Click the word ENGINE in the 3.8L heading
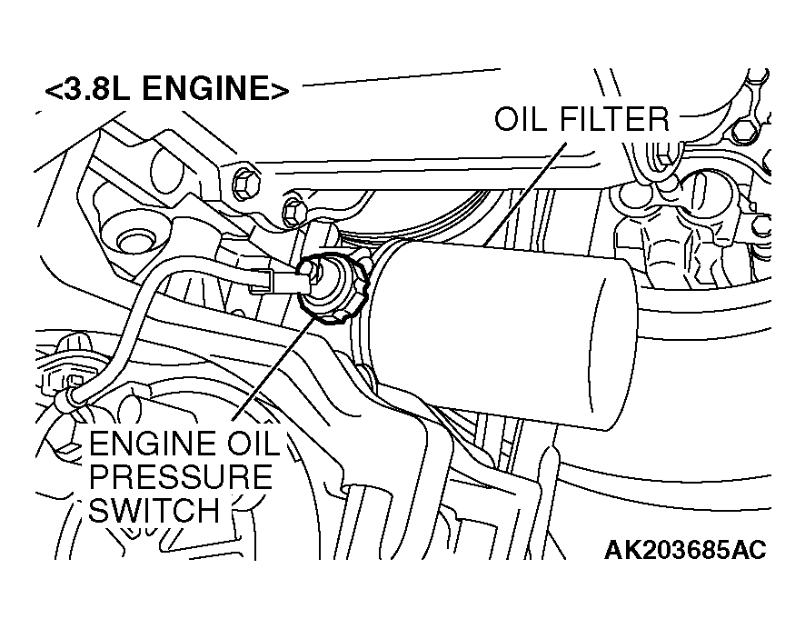(x=205, y=88)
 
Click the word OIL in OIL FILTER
(x=522, y=119)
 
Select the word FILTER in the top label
(x=614, y=119)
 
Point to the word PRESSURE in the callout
(x=181, y=476)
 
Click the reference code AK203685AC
(x=685, y=550)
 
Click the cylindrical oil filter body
(x=501, y=333)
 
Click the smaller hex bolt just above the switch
(x=293, y=212)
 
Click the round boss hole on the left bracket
(x=135, y=241)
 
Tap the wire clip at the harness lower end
(x=69, y=398)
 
